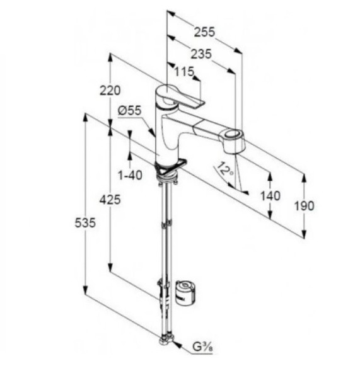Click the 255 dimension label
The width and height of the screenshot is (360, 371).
pyautogui.click(x=204, y=32)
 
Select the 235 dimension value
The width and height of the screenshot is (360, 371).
pyautogui.click(x=201, y=54)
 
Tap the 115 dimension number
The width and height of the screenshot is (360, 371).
pyautogui.click(x=184, y=71)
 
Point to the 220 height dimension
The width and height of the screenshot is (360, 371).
pyautogui.click(x=110, y=90)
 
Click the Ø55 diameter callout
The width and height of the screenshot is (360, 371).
pyautogui.click(x=129, y=110)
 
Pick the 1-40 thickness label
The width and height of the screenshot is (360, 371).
pyautogui.click(x=131, y=175)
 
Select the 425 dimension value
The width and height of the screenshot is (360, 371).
pyautogui.click(x=110, y=200)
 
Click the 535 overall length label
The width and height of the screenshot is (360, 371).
pyautogui.click(x=85, y=222)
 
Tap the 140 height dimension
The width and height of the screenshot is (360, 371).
pyautogui.click(x=270, y=196)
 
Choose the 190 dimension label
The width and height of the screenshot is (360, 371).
pyautogui.click(x=304, y=205)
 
